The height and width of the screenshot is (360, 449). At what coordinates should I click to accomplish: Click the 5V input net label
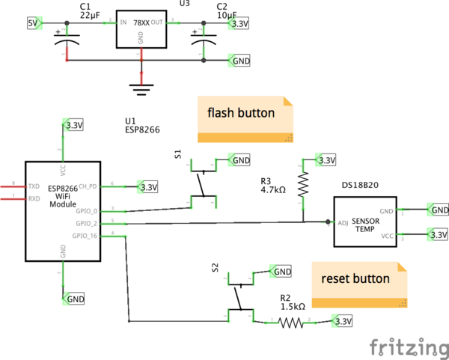coord(33,23)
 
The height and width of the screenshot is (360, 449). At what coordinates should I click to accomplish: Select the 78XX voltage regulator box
coord(141,31)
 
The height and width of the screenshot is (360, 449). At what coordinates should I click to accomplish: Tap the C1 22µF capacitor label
coord(90,10)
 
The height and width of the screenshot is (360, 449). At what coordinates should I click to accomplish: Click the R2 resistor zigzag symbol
coord(290,323)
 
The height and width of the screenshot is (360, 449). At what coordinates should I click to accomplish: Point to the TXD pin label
coord(34,185)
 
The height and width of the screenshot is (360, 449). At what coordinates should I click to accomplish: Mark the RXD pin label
coord(34,199)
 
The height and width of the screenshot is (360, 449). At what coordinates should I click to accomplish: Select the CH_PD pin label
coord(88,186)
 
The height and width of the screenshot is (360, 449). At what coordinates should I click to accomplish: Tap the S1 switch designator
coord(178,154)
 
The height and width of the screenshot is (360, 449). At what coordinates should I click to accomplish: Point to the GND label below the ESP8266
coord(76,299)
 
